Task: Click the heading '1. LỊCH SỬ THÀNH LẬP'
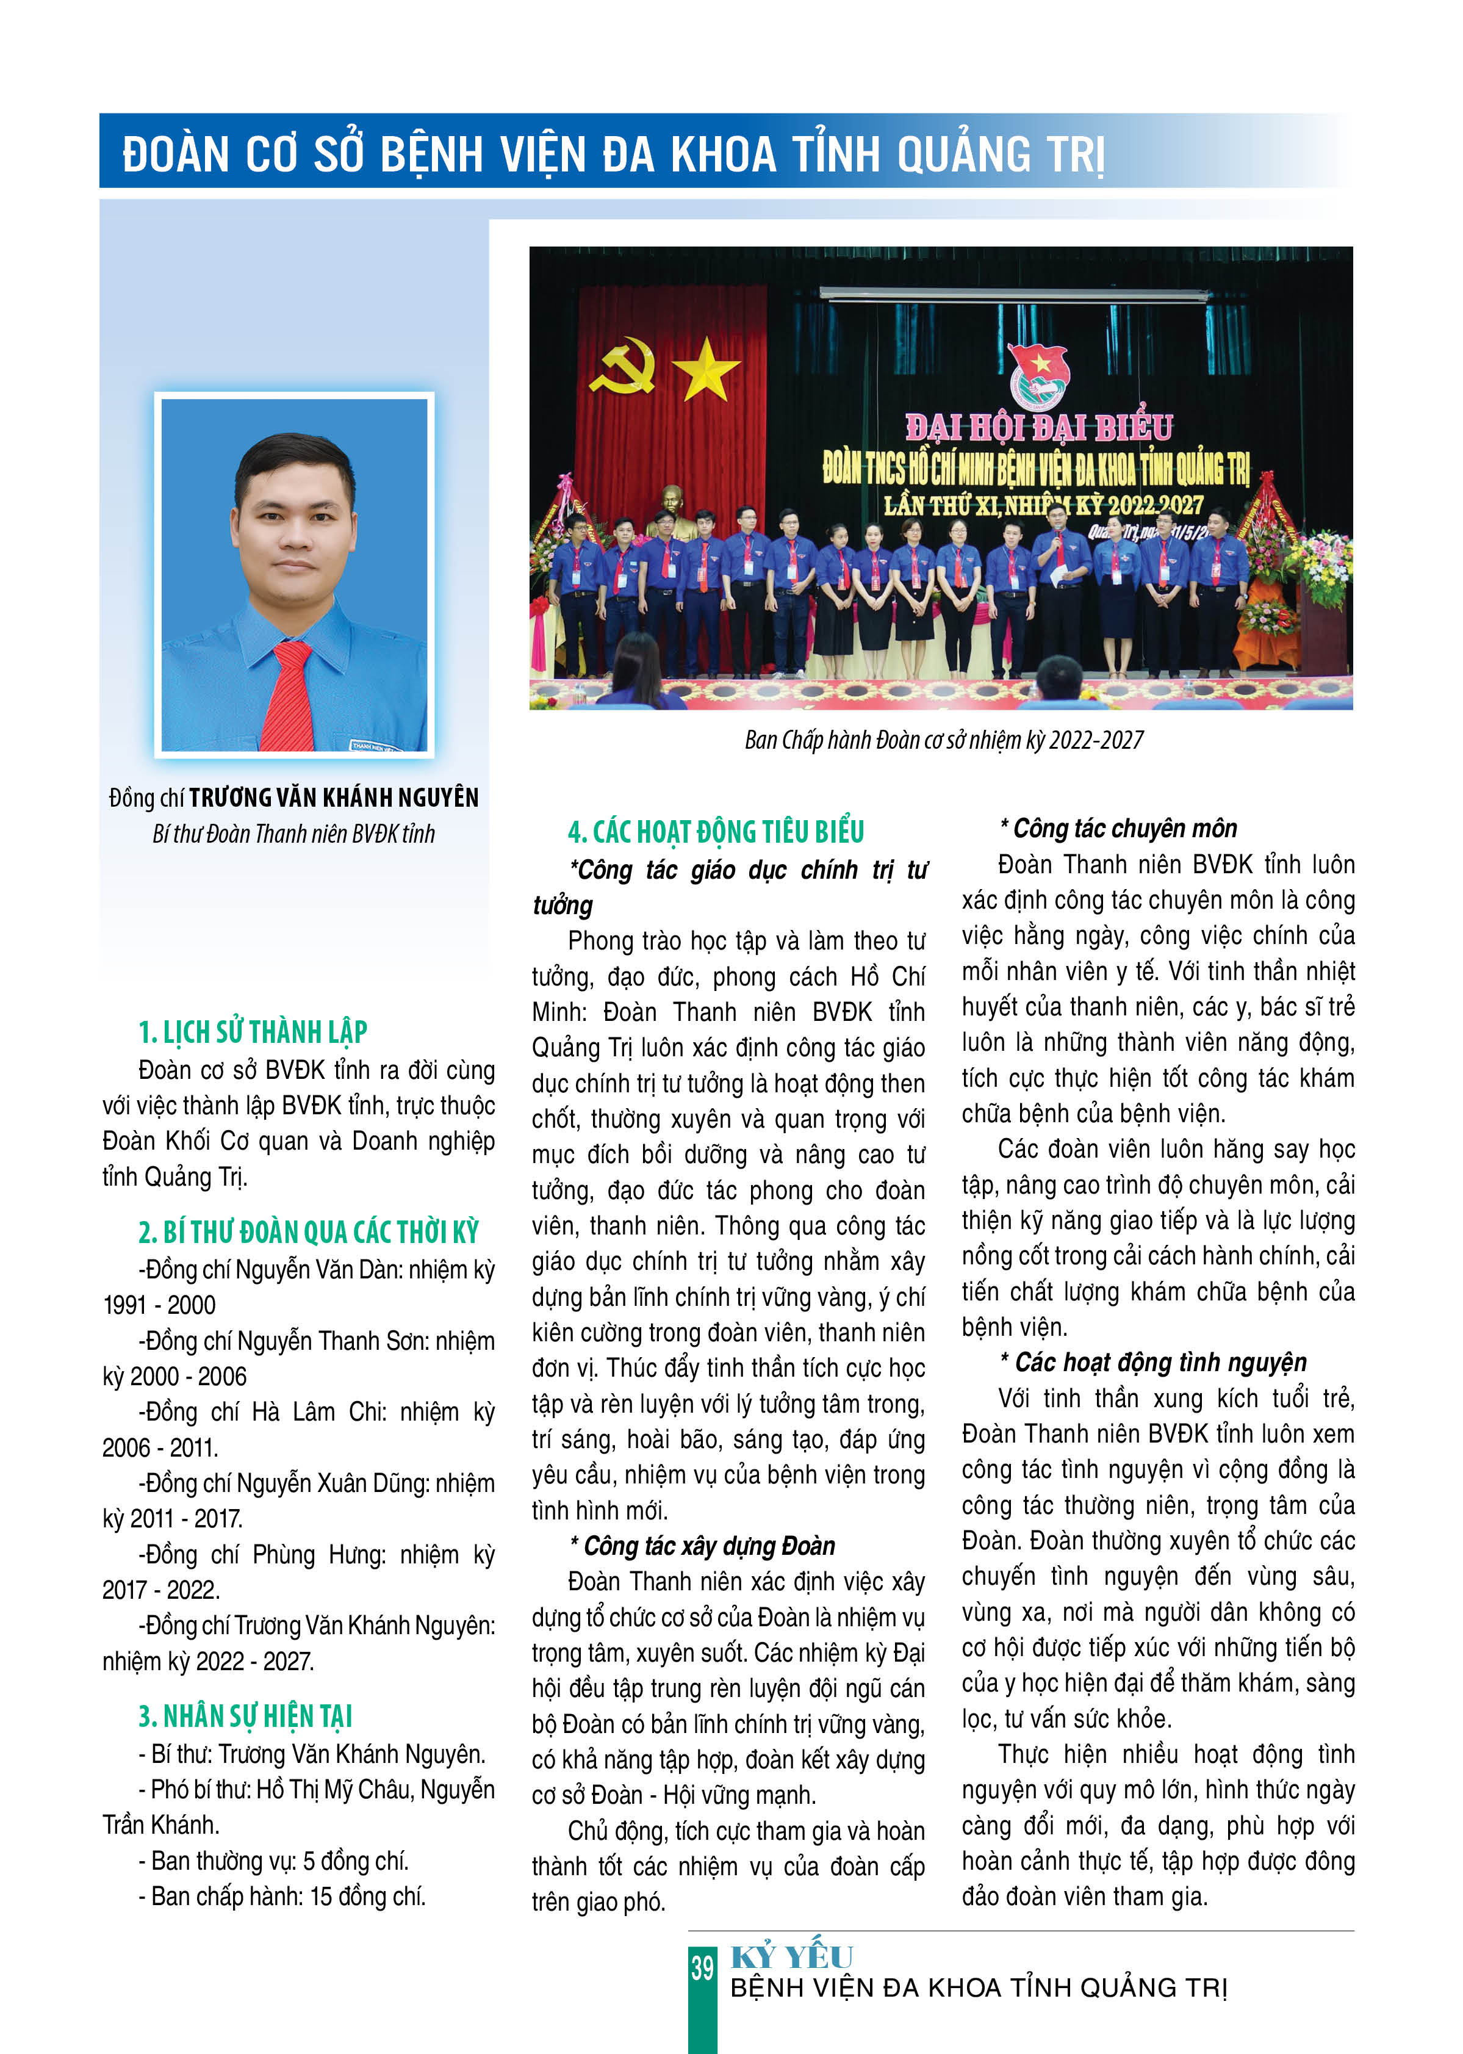(x=252, y=1031)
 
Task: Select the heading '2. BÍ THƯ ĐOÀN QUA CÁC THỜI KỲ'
(x=308, y=1231)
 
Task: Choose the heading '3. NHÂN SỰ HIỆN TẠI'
(x=245, y=1716)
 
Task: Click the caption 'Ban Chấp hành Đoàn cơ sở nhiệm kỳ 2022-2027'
(x=943, y=741)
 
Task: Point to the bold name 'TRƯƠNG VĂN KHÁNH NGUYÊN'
(x=333, y=798)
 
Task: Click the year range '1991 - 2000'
(x=159, y=1305)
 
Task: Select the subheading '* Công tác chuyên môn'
(x=1118, y=828)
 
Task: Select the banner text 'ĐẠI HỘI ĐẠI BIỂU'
(x=1039, y=427)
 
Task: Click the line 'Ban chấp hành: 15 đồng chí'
(x=282, y=1897)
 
